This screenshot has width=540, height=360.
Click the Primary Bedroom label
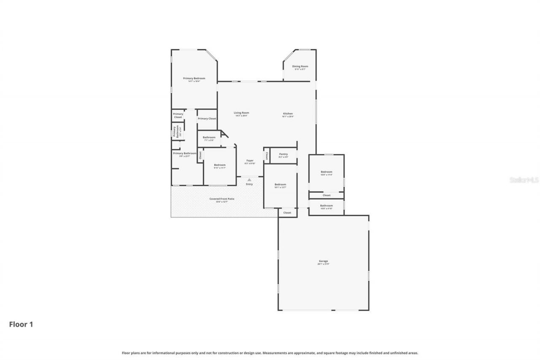[x=194, y=78]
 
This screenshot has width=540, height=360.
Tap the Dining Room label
[x=300, y=66]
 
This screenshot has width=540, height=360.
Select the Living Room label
[x=242, y=113]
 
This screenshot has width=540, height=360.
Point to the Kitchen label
[x=288, y=114]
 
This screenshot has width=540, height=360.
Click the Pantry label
[x=283, y=154]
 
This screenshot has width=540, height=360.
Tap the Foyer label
[x=250, y=160]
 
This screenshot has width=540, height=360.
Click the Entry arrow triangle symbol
[x=249, y=180]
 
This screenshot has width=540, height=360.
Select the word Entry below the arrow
[x=249, y=184]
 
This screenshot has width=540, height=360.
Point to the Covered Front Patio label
[x=221, y=199]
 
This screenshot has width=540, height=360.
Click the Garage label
[x=324, y=261]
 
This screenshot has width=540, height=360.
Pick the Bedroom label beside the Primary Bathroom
[x=219, y=165]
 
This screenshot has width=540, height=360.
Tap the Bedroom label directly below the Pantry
[x=280, y=184]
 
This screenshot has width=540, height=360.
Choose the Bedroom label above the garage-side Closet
[x=326, y=172]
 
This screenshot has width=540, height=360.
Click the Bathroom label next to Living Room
[x=209, y=137]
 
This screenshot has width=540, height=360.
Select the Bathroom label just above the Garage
[x=326, y=206]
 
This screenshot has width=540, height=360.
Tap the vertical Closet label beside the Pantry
[x=267, y=156]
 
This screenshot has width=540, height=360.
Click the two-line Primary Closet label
[x=178, y=115]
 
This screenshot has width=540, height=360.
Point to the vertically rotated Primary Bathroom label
[x=175, y=131]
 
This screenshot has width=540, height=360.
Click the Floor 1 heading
[x=21, y=325]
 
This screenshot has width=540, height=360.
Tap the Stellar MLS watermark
[x=524, y=180]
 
